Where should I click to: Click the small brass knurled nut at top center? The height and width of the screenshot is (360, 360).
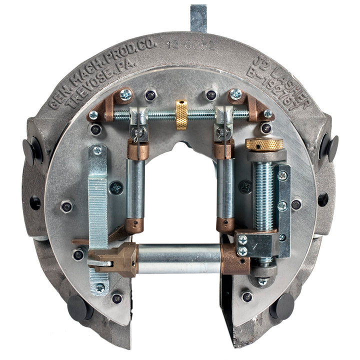(x=181, y=114)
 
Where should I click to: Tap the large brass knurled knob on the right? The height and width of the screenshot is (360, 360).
(x=264, y=144)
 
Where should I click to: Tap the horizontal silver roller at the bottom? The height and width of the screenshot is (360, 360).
(x=178, y=258)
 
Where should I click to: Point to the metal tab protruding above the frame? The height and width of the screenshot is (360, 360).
(x=198, y=18)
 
